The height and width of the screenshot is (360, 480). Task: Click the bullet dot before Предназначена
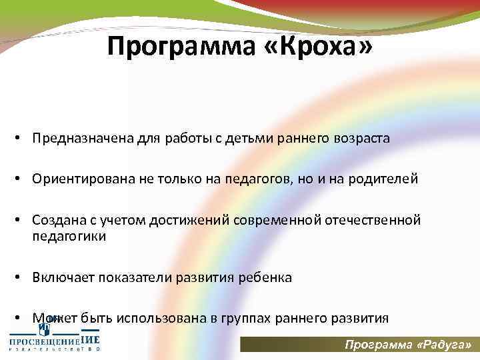click(x=22, y=139)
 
